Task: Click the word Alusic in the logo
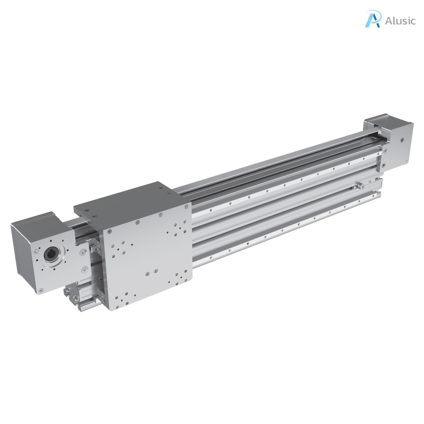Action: tap(400, 21)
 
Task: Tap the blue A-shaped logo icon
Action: tap(373, 19)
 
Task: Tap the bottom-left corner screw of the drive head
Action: tap(41, 290)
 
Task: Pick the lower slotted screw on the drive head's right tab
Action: tap(84, 270)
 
